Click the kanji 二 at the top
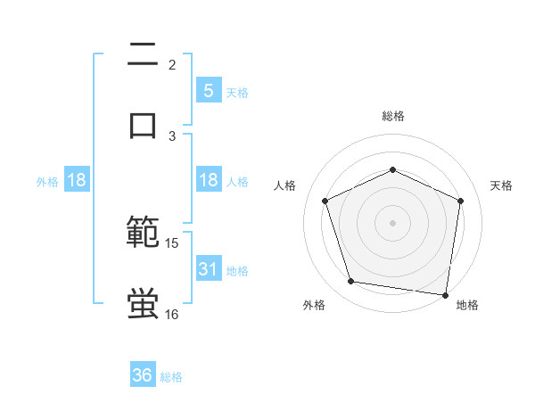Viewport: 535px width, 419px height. point(143,55)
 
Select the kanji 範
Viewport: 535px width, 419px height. point(143,234)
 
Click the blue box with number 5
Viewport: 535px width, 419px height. point(208,90)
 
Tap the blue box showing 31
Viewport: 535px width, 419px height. point(208,268)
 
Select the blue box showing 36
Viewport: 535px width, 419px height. point(143,375)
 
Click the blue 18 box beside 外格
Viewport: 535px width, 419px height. point(77,180)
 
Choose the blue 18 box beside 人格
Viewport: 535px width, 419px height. point(208,180)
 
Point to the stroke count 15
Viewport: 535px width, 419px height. point(172,242)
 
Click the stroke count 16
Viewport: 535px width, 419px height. point(172,314)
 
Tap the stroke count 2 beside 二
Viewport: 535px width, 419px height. point(172,64)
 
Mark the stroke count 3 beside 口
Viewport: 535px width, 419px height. point(172,136)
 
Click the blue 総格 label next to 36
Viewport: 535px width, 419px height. point(171,377)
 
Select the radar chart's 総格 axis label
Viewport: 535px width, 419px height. point(392,116)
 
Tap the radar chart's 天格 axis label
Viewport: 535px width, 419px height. point(501,185)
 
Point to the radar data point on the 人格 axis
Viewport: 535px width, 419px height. point(325,201)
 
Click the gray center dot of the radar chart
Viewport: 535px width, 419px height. point(392,223)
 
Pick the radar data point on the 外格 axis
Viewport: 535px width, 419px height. point(352,282)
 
